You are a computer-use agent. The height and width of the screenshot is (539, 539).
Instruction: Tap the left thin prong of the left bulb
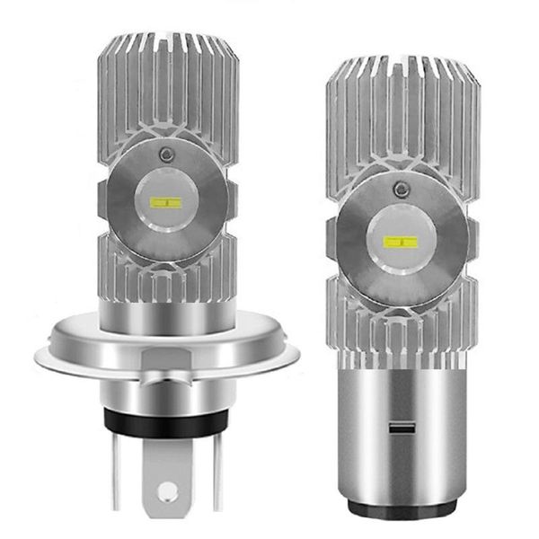tap(119, 472)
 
